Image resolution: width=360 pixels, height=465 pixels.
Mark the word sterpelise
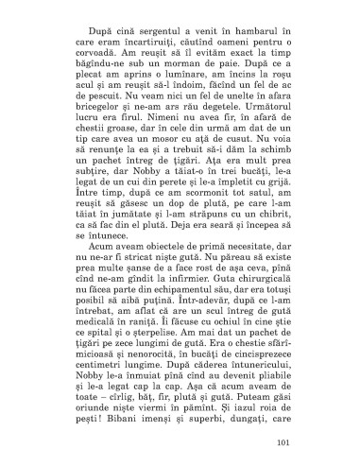tap(165, 390)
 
